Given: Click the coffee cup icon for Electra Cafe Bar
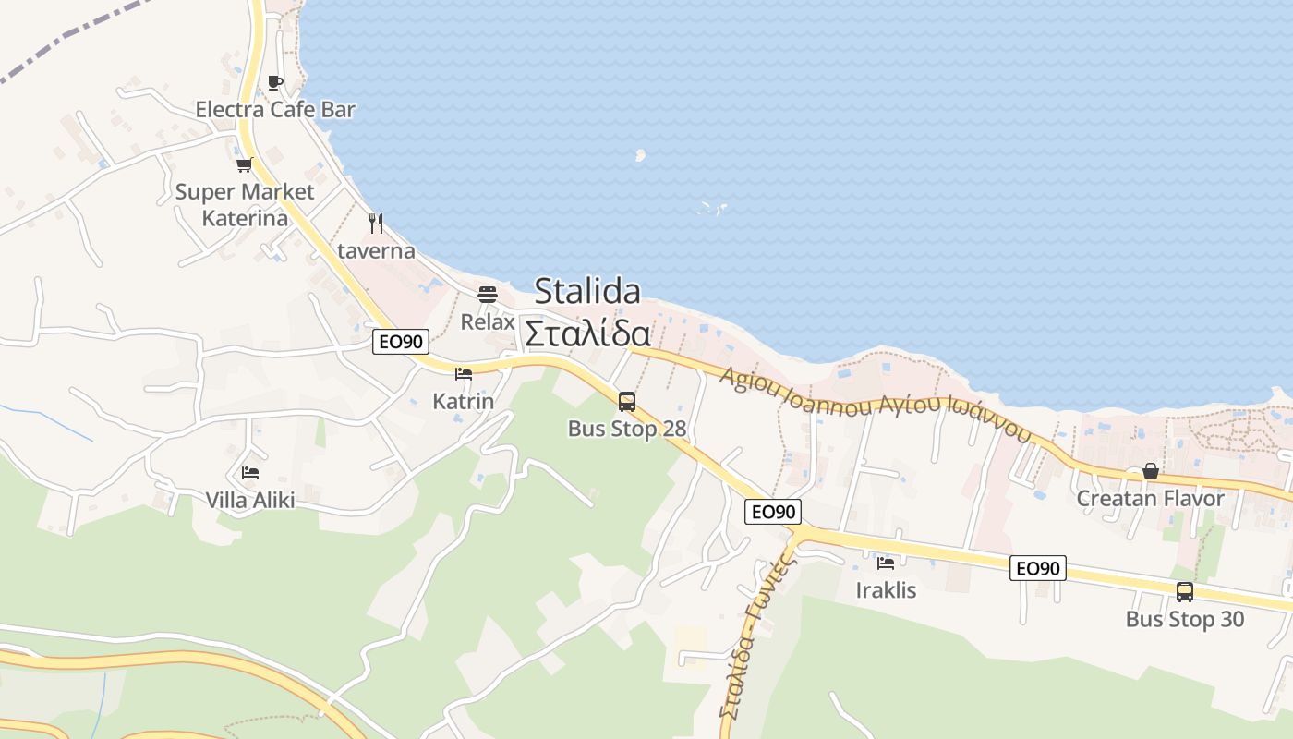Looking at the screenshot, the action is [275, 82].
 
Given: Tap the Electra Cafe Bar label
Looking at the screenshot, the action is [275, 110].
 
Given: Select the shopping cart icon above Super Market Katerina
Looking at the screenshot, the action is [244, 165].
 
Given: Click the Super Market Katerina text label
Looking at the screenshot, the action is [245, 205].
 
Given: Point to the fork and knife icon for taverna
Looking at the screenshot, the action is [375, 223].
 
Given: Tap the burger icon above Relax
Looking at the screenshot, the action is [488, 295].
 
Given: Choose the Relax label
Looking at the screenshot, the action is [488, 322].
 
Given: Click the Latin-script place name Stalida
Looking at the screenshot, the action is [587, 291].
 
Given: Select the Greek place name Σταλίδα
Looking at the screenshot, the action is [587, 333].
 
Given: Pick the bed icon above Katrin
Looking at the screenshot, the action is [464, 374].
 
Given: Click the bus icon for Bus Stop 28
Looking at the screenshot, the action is [627, 401].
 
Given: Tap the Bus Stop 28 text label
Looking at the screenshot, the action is [627, 429].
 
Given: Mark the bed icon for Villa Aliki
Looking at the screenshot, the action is [250, 473].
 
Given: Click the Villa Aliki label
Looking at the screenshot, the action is [250, 501].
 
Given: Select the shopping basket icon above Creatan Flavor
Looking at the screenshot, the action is [1151, 471].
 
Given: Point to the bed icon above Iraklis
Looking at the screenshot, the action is [886, 563].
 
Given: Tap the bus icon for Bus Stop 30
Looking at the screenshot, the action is [1185, 591].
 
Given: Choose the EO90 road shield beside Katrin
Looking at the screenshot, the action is [402, 342].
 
